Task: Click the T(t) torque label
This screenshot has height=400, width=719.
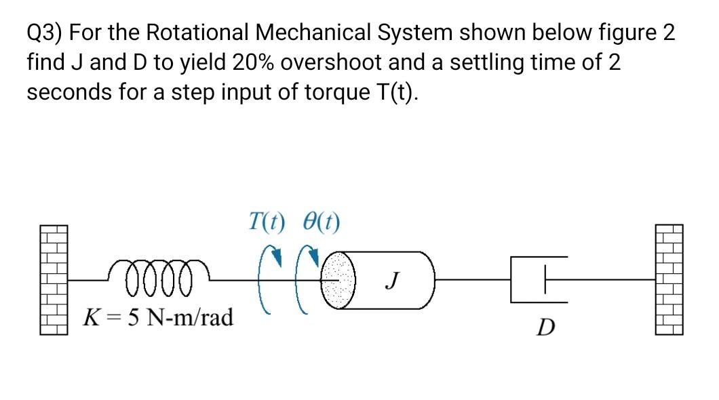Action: [x=267, y=221]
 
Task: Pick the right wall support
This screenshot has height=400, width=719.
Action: [x=668, y=279]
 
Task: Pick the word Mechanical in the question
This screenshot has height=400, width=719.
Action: [x=315, y=33]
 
